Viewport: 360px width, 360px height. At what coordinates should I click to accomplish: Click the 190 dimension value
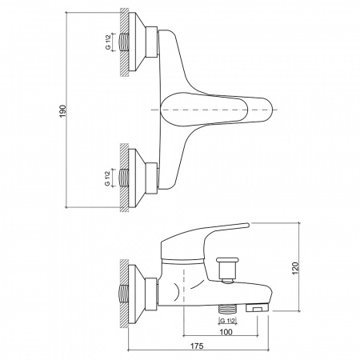click(x=62, y=111)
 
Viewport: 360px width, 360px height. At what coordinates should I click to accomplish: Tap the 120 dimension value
click(x=296, y=268)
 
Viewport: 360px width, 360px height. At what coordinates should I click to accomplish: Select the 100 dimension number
click(x=226, y=332)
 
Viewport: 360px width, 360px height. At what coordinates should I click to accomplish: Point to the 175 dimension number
click(x=197, y=346)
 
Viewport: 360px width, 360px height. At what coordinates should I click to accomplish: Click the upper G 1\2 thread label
click(x=108, y=42)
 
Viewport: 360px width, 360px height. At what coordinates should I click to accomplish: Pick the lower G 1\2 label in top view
click(x=108, y=178)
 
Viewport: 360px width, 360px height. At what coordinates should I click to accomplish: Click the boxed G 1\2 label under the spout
click(x=228, y=321)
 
